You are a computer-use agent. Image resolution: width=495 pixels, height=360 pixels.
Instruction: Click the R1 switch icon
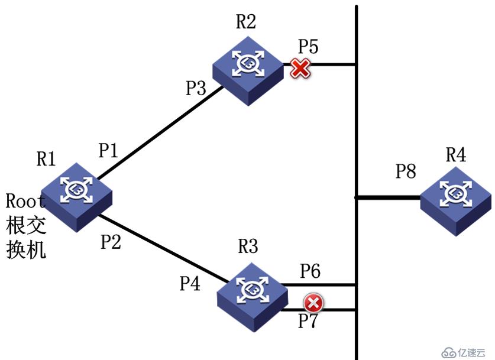pyautogui.click(x=76, y=197)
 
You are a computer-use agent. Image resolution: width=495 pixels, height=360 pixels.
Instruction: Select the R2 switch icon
pyautogui.click(x=248, y=71)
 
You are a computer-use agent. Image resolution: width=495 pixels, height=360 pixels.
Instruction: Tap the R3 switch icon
pyautogui.click(x=253, y=297)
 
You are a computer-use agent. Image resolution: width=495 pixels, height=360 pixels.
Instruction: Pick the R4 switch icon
pyautogui.click(x=456, y=201)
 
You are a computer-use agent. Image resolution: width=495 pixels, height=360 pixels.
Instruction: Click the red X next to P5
pyautogui.click(x=300, y=68)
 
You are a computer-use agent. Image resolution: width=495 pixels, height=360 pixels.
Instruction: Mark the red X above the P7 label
pyautogui.click(x=313, y=303)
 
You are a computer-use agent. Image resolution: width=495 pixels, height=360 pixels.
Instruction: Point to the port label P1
pyautogui.click(x=109, y=150)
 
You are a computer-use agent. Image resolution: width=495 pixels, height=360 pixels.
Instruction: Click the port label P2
pyautogui.click(x=111, y=242)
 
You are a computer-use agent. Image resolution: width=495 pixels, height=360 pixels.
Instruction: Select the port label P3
pyautogui.click(x=196, y=87)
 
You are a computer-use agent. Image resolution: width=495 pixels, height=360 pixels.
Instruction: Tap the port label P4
pyautogui.click(x=190, y=283)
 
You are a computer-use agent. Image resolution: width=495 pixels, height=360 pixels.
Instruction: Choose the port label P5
pyautogui.click(x=309, y=46)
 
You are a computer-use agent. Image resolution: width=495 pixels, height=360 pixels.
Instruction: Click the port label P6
pyautogui.click(x=310, y=271)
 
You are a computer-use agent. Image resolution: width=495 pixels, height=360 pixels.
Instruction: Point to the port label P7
pyautogui.click(x=308, y=321)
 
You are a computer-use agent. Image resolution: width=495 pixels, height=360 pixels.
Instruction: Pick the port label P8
pyautogui.click(x=406, y=171)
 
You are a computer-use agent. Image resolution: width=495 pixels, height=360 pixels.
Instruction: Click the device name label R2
pyautogui.click(x=246, y=21)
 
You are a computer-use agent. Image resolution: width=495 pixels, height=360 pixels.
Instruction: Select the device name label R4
pyautogui.click(x=456, y=154)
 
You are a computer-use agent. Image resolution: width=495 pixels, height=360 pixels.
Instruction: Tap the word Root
pyautogui.click(x=25, y=200)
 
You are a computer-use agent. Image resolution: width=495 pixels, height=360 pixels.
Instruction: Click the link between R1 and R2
pyautogui.click(x=160, y=132)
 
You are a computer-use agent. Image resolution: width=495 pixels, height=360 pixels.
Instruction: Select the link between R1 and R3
pyautogui.click(x=164, y=248)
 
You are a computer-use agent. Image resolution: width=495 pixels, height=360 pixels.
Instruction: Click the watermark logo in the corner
pyautogui.click(x=464, y=352)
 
